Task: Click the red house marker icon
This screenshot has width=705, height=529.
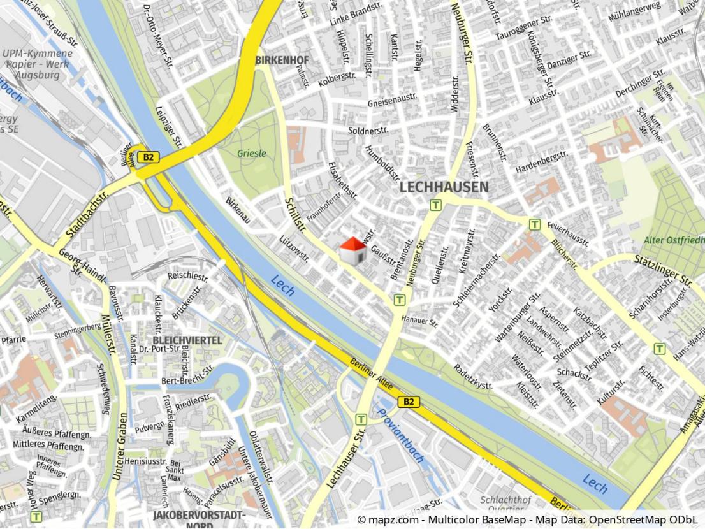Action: click(x=352, y=250)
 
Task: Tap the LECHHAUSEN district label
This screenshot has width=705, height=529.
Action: click(x=444, y=187)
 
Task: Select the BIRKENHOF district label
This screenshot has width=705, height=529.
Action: click(x=282, y=61)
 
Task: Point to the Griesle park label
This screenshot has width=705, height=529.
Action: click(x=252, y=154)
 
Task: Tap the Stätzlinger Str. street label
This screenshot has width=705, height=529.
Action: click(x=662, y=270)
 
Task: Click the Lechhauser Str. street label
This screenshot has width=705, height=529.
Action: click(x=345, y=459)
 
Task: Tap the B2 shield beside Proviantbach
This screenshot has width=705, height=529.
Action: click(x=409, y=402)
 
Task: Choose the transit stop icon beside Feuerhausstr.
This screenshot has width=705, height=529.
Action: click(x=534, y=224)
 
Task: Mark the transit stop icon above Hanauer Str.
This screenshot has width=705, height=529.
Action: click(x=400, y=300)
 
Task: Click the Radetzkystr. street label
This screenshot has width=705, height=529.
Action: click(x=473, y=377)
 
